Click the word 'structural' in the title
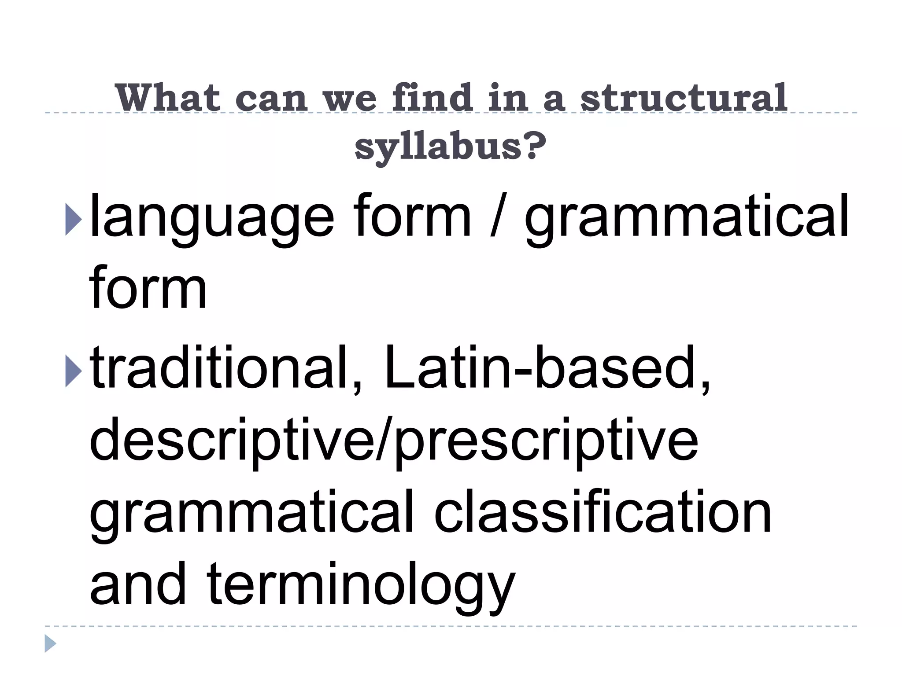[x=684, y=98]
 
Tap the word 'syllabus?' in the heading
[x=451, y=146]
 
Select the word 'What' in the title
[x=168, y=98]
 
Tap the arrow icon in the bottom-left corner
[x=50, y=643]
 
